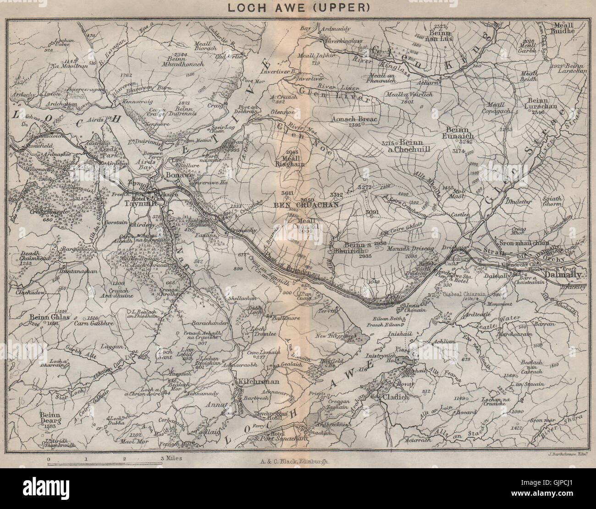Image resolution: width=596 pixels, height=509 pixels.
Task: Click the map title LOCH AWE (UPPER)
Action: pyautogui.click(x=299, y=7)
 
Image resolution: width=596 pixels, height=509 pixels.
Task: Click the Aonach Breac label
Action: pyautogui.click(x=360, y=119)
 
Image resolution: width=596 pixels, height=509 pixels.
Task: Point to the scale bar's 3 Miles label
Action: pyautogui.click(x=171, y=458)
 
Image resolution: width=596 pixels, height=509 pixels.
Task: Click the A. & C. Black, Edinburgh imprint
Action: pyautogui.click(x=298, y=462)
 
